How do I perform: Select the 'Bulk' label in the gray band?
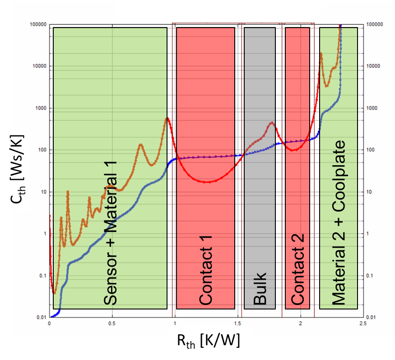[x=260, y=289]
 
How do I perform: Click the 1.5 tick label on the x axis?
[x=237, y=323]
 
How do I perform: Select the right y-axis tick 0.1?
[x=372, y=276]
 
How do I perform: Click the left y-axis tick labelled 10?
[x=43, y=192]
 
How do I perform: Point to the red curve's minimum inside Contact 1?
[x=207, y=182]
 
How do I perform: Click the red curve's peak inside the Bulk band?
[x=272, y=123]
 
